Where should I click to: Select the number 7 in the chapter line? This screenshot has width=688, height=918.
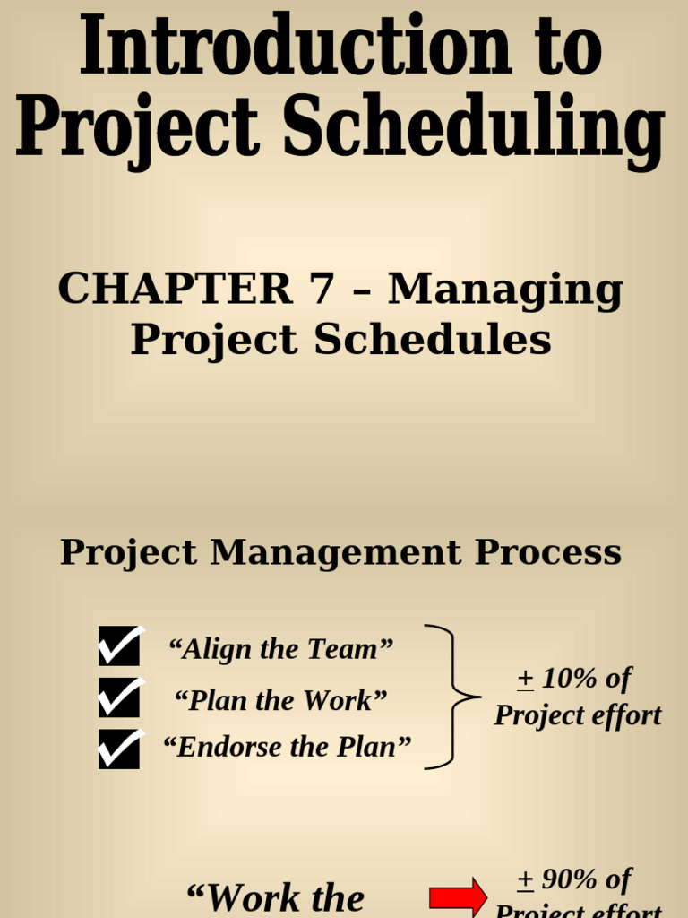320,289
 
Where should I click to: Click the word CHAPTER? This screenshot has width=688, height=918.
176,289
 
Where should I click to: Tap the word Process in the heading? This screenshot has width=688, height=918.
547,552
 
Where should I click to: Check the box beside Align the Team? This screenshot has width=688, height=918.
120,645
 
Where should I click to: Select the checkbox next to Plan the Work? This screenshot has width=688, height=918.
120,697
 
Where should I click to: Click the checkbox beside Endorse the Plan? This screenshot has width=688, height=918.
120,749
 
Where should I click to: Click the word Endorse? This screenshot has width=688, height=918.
224,747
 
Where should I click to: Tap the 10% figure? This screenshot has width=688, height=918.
569,679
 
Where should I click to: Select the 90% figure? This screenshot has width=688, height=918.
569,879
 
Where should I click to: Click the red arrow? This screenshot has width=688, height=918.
458,897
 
